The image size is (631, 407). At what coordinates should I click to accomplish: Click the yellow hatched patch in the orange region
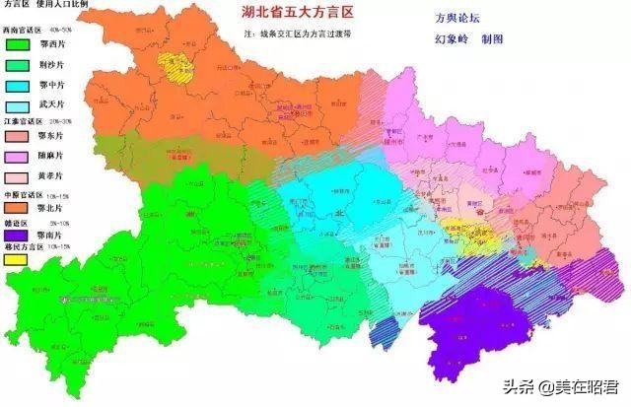pos(178,69)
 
